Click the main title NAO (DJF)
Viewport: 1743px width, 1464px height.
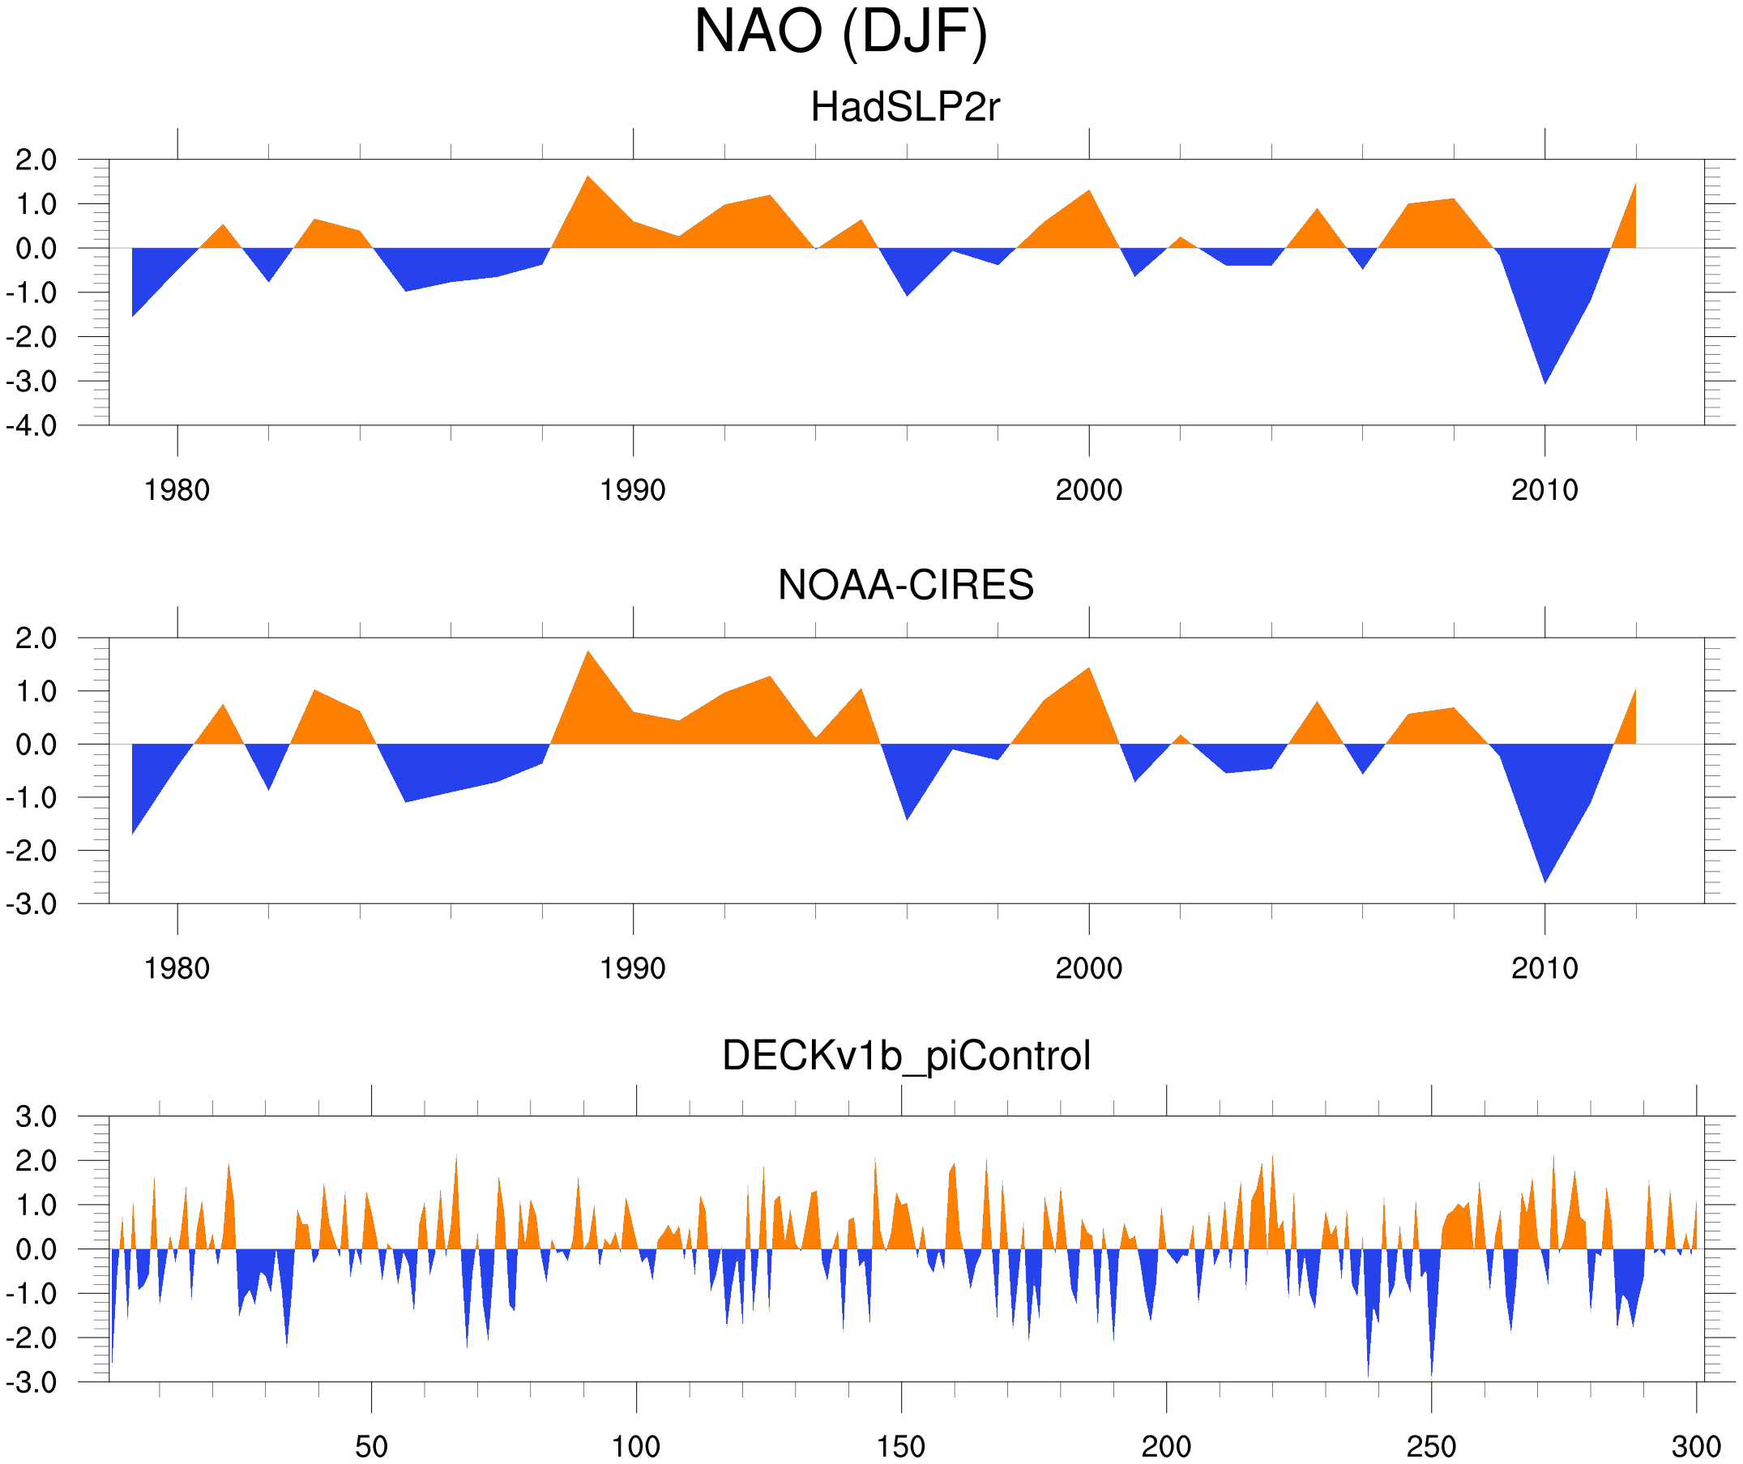coord(840,32)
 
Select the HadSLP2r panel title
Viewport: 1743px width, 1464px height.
coord(904,107)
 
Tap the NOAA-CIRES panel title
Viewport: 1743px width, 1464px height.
coord(905,585)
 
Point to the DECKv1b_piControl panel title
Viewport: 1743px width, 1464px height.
coord(905,1056)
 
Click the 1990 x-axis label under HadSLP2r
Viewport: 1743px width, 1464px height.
coord(633,490)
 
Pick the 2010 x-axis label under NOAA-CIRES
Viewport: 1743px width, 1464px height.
coord(1544,968)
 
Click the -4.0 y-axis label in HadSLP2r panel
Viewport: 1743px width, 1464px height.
coord(32,427)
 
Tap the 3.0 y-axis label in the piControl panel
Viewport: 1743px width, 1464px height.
coord(36,1117)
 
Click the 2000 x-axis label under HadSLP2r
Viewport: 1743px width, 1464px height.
coord(1088,490)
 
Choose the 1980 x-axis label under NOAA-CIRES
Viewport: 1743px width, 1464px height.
coord(177,968)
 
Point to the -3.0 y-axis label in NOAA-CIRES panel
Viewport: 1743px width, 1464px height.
coord(32,905)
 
